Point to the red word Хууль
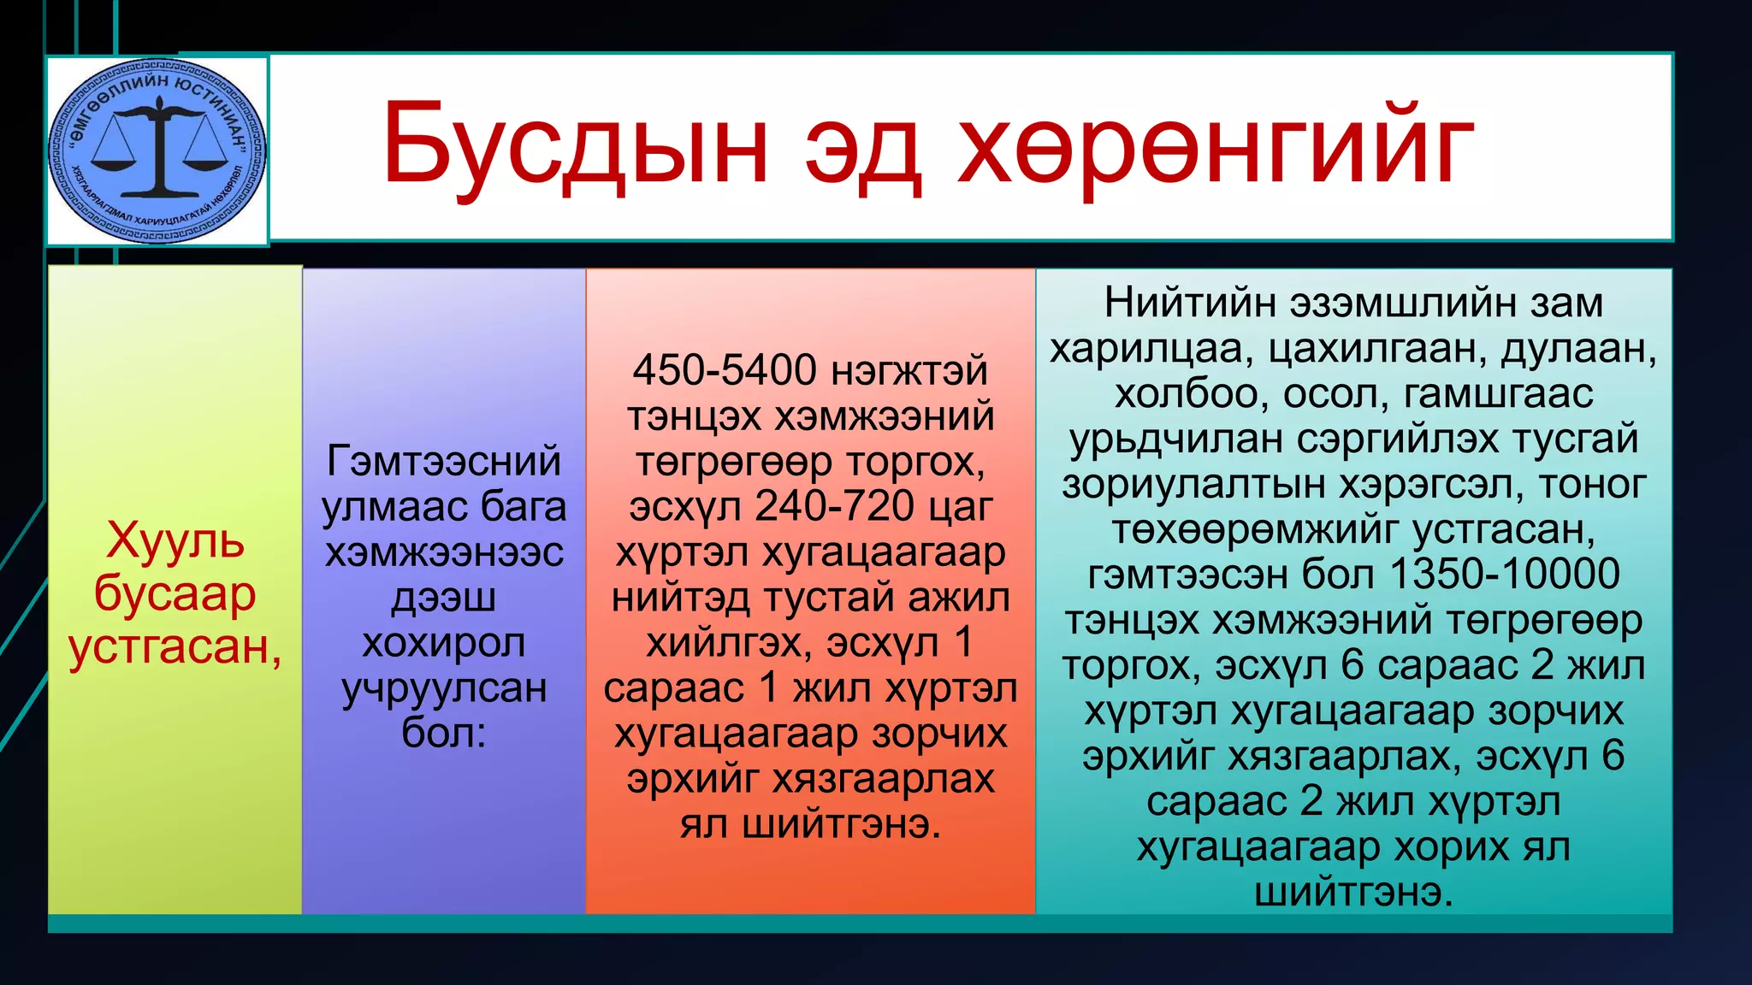pyautogui.click(x=175, y=540)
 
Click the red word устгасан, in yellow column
pyautogui.click(x=175, y=646)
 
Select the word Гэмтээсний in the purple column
pyautogui.click(x=443, y=462)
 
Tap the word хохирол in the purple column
pyautogui.click(x=443, y=643)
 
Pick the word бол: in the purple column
pyautogui.click(x=443, y=733)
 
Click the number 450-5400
pyautogui.click(x=724, y=371)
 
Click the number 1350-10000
pyautogui.click(x=1505, y=575)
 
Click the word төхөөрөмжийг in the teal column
pyautogui.click(x=1255, y=530)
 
